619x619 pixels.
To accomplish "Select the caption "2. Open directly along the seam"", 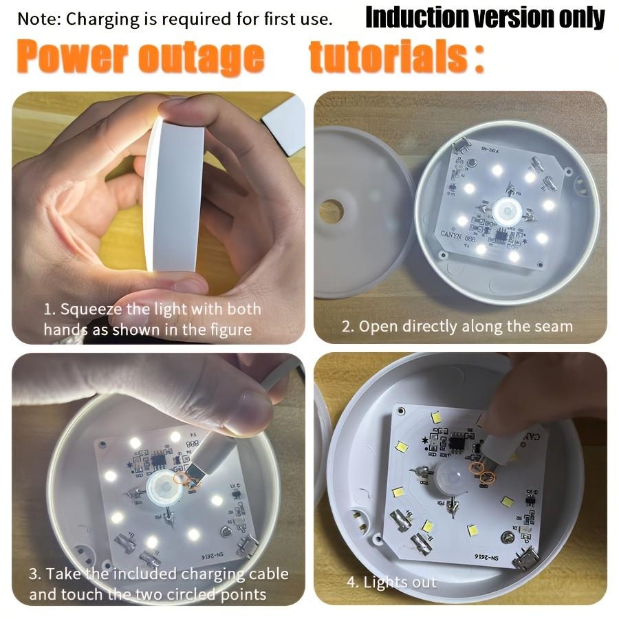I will click(x=457, y=326).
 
